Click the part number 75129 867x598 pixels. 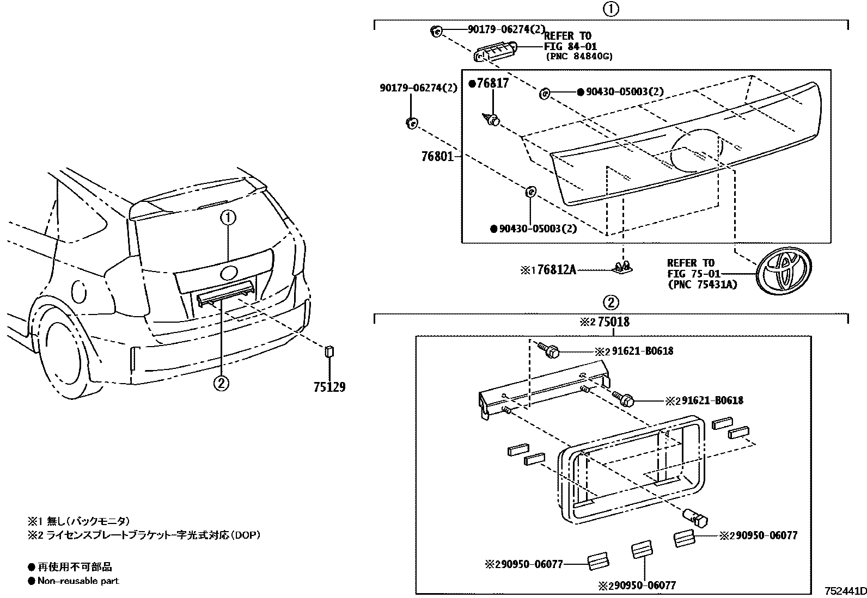[329, 387]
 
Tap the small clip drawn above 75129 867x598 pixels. [329, 351]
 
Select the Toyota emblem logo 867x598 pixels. [784, 270]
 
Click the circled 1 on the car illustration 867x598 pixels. [228, 218]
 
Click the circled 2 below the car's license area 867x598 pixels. [221, 383]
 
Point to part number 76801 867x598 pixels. [437, 157]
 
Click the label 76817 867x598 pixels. [492, 83]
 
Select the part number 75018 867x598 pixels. [613, 322]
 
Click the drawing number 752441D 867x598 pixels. [845, 591]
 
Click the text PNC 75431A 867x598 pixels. [703, 284]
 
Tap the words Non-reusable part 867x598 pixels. [78, 581]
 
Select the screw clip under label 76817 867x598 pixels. [492, 120]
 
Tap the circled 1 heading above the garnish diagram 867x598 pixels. [610, 9]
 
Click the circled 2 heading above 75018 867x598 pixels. [610, 303]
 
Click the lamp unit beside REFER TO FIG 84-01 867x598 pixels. [495, 53]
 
